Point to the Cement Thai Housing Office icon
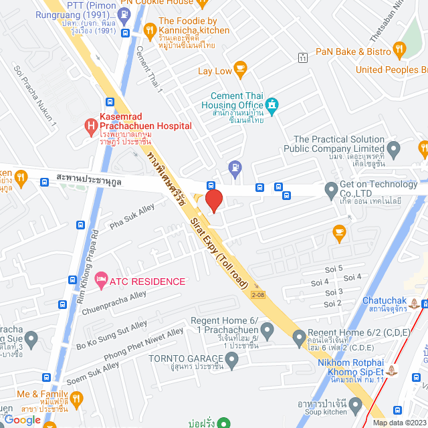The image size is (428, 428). [272, 104]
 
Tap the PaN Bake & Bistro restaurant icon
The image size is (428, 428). [400, 48]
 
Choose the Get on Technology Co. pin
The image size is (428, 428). [330, 191]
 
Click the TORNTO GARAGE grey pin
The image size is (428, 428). [231, 362]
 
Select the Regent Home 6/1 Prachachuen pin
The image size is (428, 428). [267, 330]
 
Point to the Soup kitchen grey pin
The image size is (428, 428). [356, 405]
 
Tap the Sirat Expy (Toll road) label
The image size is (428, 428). [222, 246]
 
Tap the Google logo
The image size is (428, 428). [21, 419]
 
